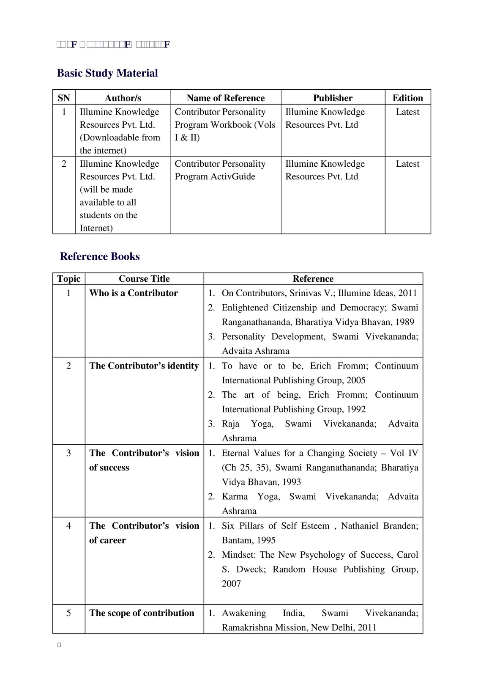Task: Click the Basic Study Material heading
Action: tap(107, 73)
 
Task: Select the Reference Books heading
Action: tap(100, 256)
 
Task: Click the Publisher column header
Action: tap(333, 98)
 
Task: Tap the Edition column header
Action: tap(407, 98)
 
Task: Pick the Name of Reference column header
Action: tap(226, 98)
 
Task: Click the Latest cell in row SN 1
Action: tap(407, 112)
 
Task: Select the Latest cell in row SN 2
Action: tap(407, 164)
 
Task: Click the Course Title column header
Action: tap(144, 278)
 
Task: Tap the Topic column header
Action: tap(69, 278)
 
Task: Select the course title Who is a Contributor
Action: tap(134, 293)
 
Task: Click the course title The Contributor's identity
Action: tap(144, 366)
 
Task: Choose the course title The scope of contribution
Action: tap(142, 613)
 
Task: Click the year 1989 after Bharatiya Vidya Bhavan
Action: tap(405, 322)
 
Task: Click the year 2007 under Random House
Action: tap(231, 583)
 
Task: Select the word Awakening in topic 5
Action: tap(244, 613)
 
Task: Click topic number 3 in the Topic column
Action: tap(69, 453)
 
